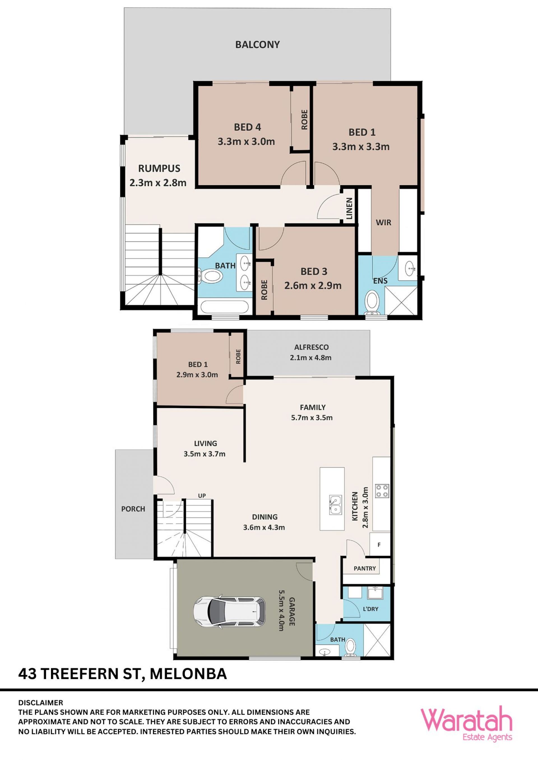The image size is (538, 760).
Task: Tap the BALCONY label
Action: (x=258, y=44)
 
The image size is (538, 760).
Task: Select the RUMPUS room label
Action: (x=159, y=168)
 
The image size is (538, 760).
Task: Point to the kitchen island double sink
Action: (x=335, y=504)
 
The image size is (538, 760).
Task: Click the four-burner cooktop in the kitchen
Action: (x=382, y=491)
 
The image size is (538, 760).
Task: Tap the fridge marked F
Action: (x=379, y=544)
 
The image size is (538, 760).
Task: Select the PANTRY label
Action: (x=365, y=568)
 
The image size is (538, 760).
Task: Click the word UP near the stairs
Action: (x=202, y=495)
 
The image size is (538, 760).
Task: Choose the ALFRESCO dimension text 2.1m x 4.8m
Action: (x=311, y=357)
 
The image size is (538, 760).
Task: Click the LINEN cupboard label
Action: (x=349, y=209)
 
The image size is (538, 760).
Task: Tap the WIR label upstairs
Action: (x=383, y=223)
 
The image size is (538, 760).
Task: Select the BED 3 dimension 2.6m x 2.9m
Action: (x=313, y=285)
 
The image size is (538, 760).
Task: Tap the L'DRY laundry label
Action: (x=370, y=609)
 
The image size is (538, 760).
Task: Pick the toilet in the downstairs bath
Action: (x=350, y=647)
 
